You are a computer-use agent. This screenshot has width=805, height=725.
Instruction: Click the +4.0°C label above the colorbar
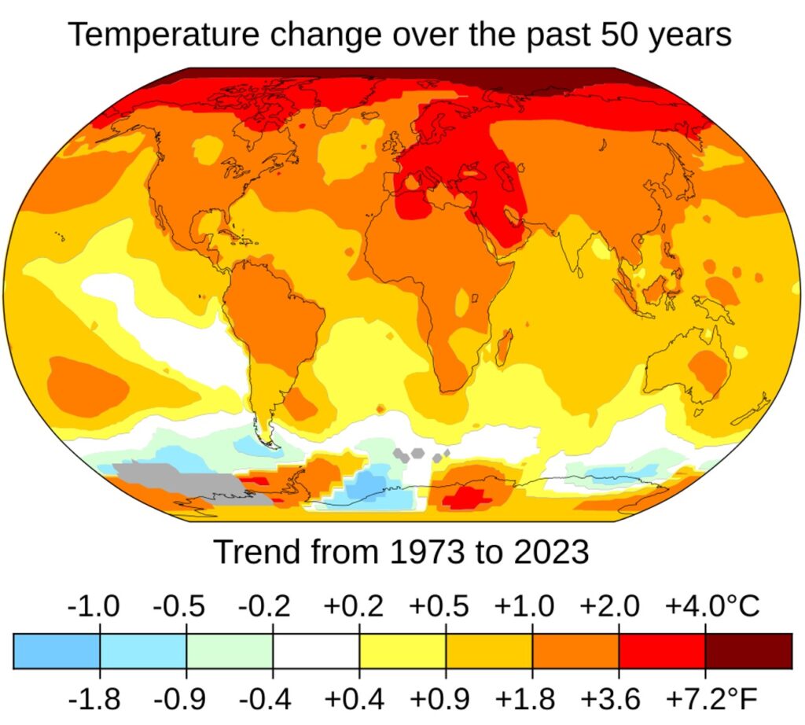[x=712, y=606]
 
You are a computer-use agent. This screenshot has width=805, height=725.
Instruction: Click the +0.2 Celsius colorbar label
[x=354, y=606]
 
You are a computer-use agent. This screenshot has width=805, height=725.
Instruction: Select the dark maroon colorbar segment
[x=748, y=650]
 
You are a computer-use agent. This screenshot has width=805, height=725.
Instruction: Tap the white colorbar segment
[x=316, y=650]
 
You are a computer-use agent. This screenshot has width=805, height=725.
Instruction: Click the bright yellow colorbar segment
[x=402, y=650]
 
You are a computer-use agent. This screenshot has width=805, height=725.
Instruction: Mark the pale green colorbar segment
[x=230, y=650]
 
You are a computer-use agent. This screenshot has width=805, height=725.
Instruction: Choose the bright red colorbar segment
[x=662, y=650]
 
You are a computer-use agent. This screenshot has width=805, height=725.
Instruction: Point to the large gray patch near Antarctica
[x=177, y=480]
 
